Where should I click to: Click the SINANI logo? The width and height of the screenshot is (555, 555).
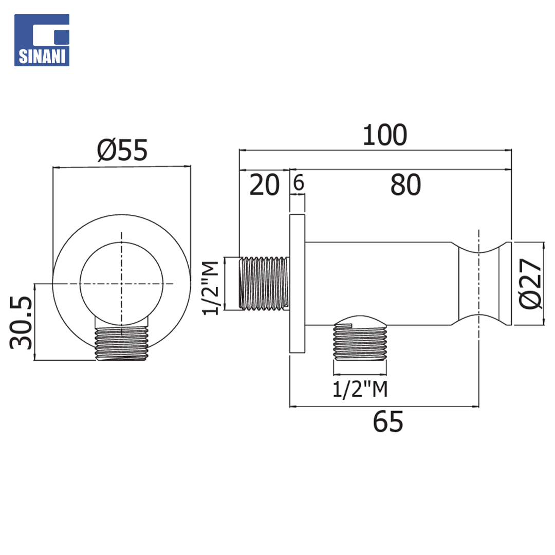(x=42, y=40)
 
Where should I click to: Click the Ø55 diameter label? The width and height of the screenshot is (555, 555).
(x=122, y=150)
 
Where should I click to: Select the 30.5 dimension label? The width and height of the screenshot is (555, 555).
(x=21, y=322)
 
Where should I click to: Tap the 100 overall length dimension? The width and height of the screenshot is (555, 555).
(x=385, y=135)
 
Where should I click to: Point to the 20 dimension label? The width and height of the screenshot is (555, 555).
(x=265, y=185)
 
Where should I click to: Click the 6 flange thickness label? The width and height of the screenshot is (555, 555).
(x=299, y=182)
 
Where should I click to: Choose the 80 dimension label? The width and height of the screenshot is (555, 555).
(x=405, y=185)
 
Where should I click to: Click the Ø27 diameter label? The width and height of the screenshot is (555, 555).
(x=530, y=284)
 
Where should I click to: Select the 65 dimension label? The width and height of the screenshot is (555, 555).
(x=388, y=421)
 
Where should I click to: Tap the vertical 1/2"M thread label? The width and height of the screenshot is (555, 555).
(x=211, y=288)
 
